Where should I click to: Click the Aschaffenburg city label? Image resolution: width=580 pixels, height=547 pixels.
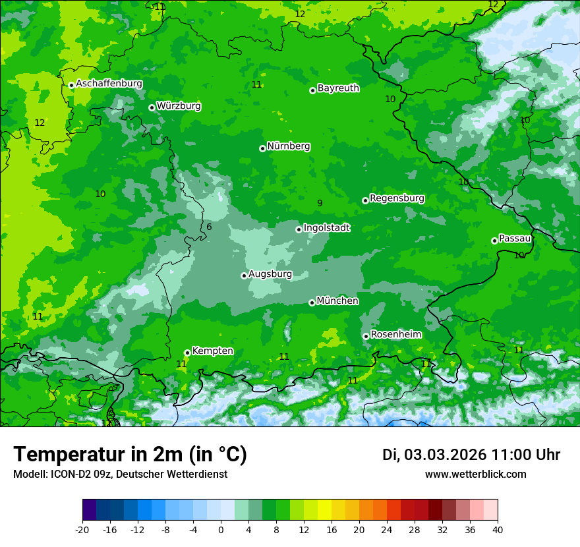tap(109, 84)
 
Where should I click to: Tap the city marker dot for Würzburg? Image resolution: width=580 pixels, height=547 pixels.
tap(152, 107)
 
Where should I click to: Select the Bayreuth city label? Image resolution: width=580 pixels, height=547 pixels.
tap(338, 88)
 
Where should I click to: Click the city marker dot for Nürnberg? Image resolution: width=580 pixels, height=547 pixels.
tap(262, 148)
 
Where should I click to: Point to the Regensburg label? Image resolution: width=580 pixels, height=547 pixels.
tap(397, 198)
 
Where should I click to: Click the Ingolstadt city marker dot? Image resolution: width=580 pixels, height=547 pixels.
tap(299, 229)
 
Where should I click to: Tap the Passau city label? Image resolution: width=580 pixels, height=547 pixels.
tap(514, 239)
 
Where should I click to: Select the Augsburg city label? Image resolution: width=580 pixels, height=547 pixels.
tap(270, 274)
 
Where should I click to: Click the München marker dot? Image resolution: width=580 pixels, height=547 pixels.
tap(312, 302)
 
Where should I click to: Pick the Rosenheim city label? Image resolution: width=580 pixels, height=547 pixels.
tap(395, 335)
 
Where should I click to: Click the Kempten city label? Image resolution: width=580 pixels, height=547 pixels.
tap(212, 351)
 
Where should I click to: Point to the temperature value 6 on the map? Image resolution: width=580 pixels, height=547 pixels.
tap(209, 227)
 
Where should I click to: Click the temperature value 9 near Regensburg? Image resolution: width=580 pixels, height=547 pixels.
tap(320, 204)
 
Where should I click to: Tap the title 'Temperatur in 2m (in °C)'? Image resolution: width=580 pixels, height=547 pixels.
tap(130, 455)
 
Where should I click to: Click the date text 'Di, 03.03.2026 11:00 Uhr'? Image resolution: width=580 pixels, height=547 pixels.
tap(471, 455)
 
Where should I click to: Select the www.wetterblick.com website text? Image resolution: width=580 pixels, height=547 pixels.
tap(475, 475)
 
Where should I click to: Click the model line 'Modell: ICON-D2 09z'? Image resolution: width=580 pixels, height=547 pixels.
tap(120, 475)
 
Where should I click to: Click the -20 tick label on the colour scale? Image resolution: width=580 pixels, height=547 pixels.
tap(82, 530)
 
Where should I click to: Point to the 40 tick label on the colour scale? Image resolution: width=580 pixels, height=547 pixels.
tap(498, 530)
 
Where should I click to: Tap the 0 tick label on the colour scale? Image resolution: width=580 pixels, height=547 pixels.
tap(221, 530)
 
